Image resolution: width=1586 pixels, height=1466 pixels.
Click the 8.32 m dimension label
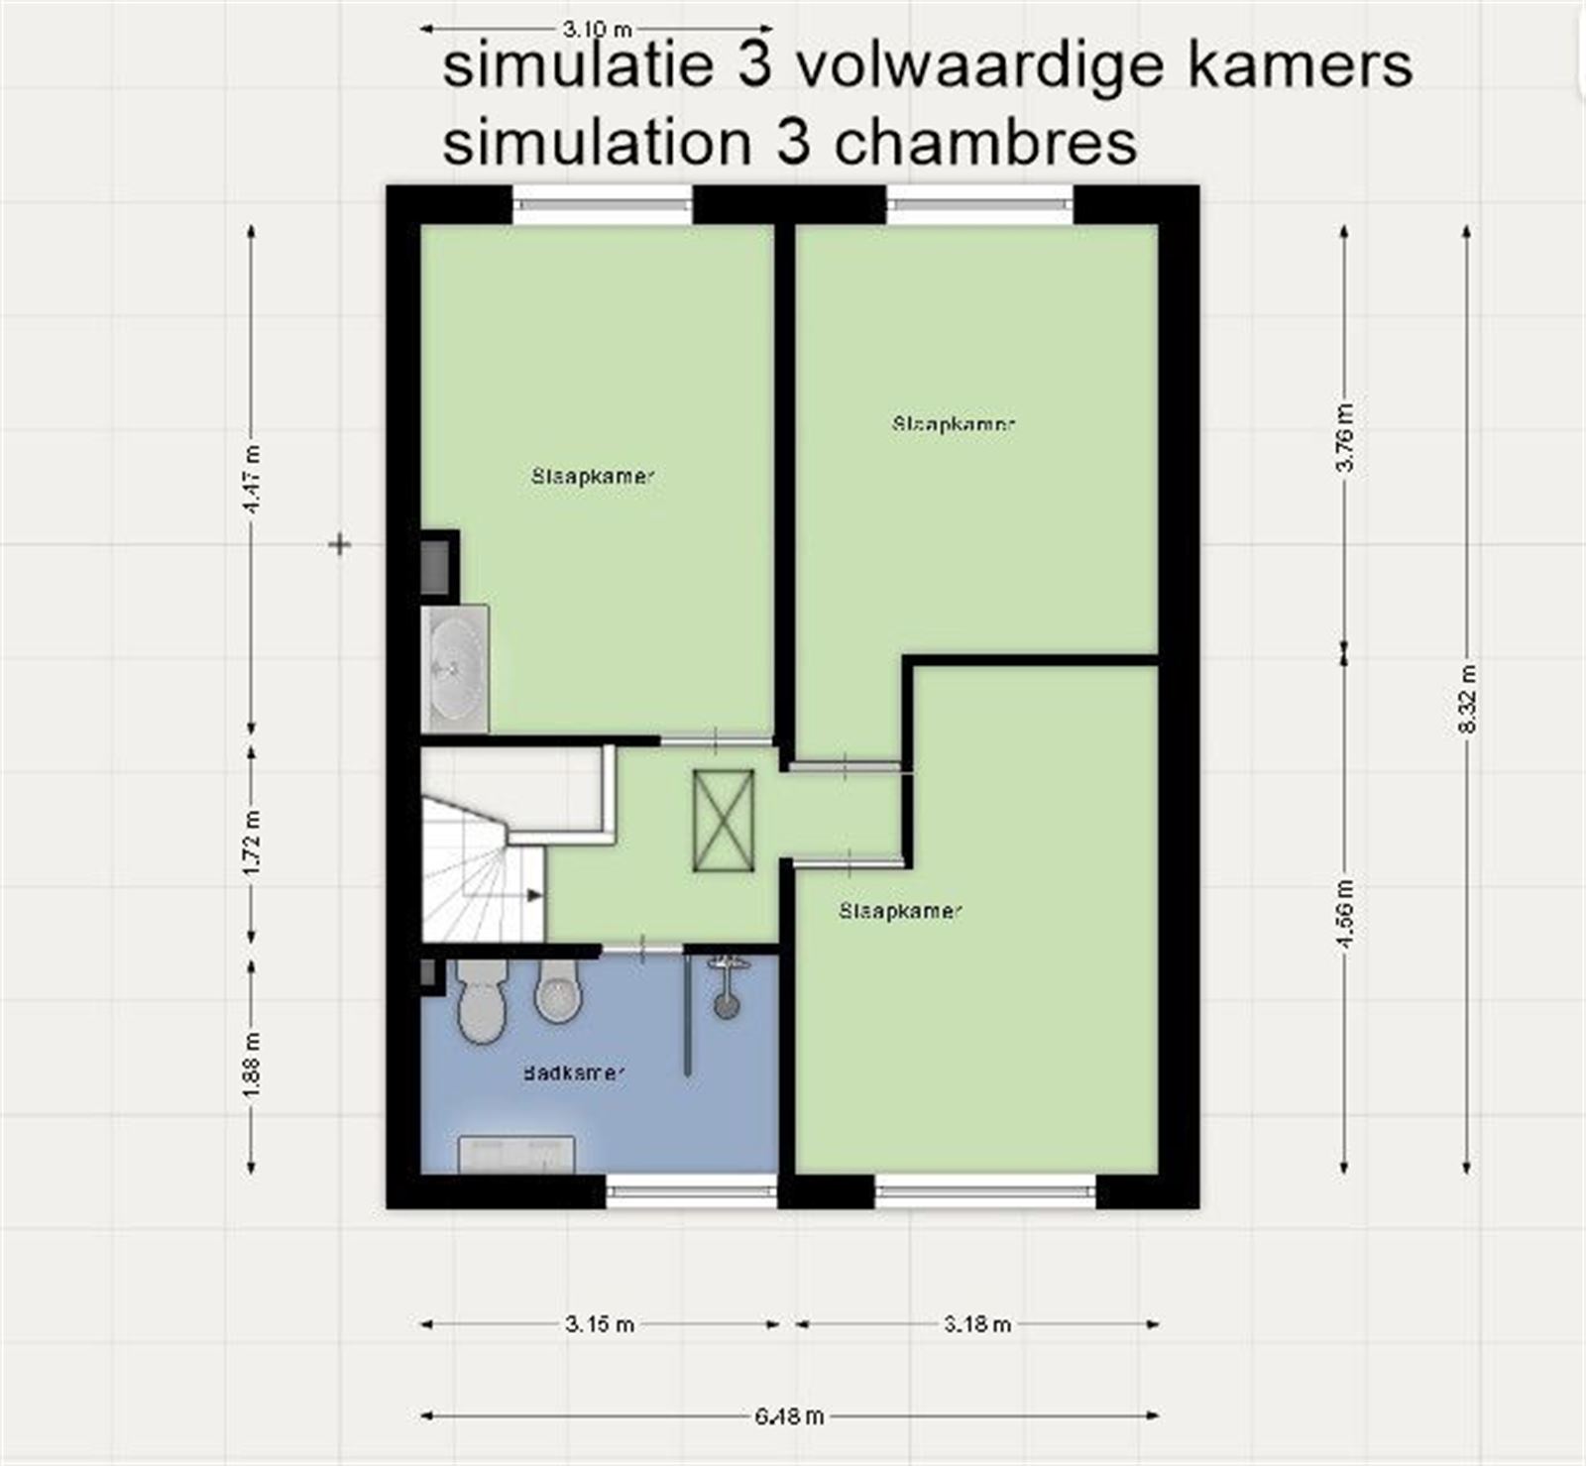click(1468, 699)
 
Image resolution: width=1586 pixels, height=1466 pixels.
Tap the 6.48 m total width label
click(789, 1415)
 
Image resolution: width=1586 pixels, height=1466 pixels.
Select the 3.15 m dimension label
click(600, 1324)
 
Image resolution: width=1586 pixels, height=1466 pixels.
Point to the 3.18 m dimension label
click(977, 1324)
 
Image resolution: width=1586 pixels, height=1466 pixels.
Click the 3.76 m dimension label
click(1345, 437)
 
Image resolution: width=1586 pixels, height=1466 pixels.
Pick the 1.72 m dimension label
click(252, 842)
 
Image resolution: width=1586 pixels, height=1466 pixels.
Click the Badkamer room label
click(574, 1072)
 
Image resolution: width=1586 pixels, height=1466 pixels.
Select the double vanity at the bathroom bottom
click(516, 1155)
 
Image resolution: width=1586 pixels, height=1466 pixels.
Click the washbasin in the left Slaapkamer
click(455, 669)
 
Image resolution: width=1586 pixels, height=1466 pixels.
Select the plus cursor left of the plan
click(340, 544)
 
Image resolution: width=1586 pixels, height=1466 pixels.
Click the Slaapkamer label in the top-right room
click(954, 423)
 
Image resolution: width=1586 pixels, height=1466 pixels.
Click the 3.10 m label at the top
click(598, 30)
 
